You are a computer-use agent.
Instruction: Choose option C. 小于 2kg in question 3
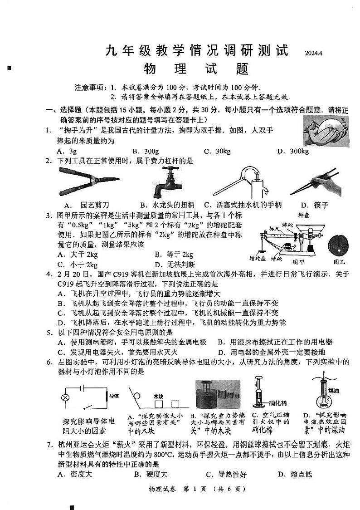(x=78, y=265)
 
